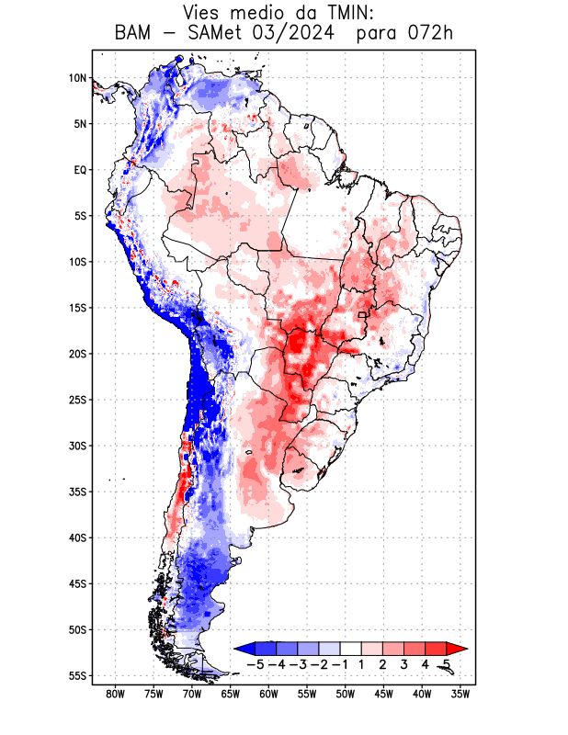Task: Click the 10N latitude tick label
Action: click(77, 78)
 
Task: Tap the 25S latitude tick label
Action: click(76, 400)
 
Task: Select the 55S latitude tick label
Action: click(76, 675)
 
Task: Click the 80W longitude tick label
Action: click(115, 694)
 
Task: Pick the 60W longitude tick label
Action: click(268, 694)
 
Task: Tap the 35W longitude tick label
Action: click(460, 694)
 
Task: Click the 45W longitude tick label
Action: click(383, 694)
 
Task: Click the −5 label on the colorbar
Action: click(256, 663)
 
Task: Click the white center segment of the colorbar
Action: click(351, 648)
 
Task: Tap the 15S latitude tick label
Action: click(76, 308)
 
